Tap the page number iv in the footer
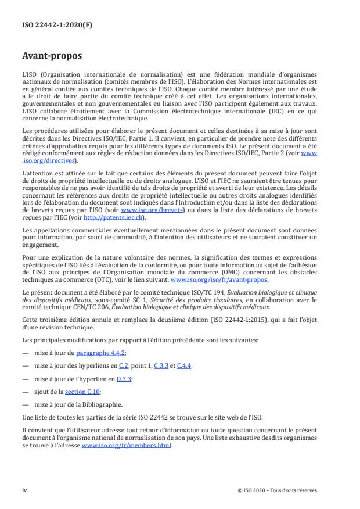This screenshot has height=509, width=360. pyautogui.click(x=24, y=490)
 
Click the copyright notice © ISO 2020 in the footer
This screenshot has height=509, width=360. pyautogui.click(x=277, y=490)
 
